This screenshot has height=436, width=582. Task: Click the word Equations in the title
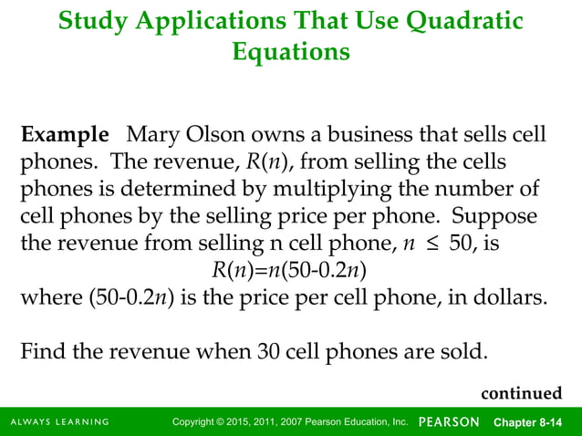coord(291,52)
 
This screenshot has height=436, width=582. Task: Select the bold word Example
coord(65,137)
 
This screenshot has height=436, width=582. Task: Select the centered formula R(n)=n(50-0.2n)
coord(290,272)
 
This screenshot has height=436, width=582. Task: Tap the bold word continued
coord(522,393)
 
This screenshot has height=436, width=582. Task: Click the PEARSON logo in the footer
coord(450,421)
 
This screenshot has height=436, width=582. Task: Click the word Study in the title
coord(88,20)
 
